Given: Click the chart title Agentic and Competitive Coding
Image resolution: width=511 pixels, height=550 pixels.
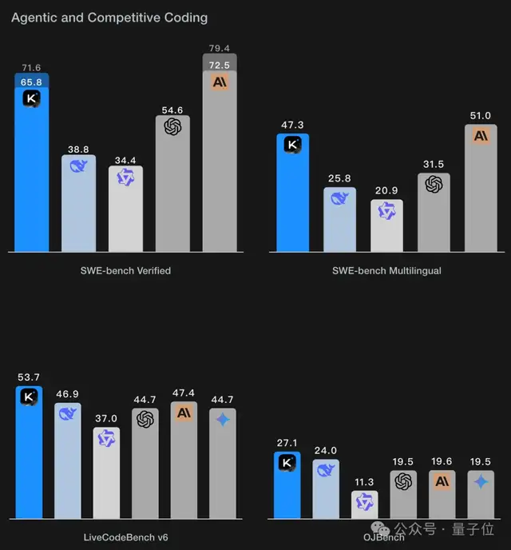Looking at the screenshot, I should tap(109, 17).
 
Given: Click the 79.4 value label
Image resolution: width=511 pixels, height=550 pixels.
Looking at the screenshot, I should tap(220, 48).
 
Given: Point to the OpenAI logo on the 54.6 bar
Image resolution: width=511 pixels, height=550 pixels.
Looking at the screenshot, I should tap(172, 126).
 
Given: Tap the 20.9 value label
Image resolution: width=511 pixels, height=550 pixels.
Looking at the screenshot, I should tap(386, 192).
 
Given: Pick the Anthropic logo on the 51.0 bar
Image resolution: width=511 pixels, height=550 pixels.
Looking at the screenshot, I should tap(481, 135).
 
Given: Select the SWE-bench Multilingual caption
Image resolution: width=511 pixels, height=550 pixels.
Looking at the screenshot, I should tap(386, 270).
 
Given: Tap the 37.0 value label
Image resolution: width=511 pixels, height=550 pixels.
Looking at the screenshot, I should tap(107, 419).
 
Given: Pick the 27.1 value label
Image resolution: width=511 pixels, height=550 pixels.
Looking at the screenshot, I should tap(287, 442).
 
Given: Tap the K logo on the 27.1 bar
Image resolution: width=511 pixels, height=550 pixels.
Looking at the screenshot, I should tap(287, 462).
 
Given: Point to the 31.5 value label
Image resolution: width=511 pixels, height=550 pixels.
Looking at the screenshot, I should tap(434, 165).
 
